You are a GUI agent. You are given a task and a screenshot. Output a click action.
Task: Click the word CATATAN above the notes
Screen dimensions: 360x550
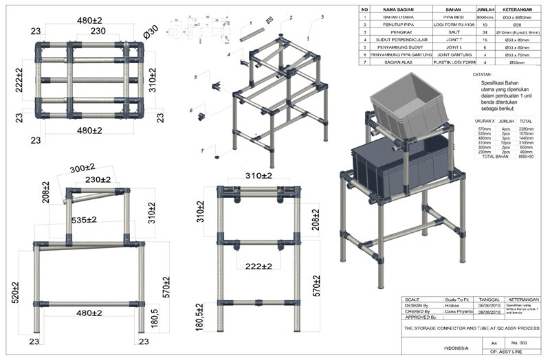click(482, 73)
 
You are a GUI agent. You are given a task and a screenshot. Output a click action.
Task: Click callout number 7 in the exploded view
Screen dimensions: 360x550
click(201, 150)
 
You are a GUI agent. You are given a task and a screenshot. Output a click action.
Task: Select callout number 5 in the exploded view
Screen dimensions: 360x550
click(196, 76)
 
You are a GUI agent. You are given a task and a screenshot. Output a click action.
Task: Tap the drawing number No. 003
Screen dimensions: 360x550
click(520, 341)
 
